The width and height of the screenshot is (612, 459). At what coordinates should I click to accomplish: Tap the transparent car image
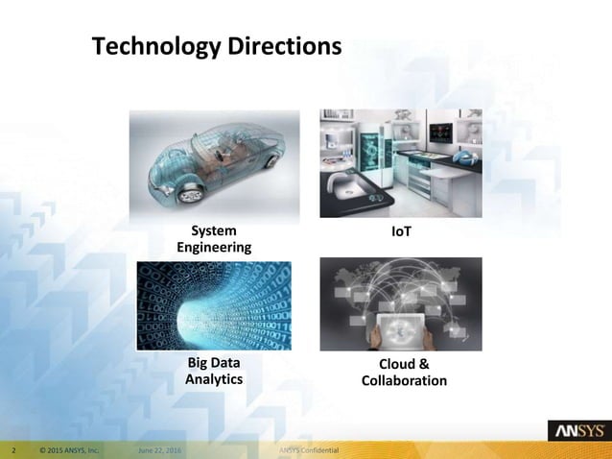click(214, 164)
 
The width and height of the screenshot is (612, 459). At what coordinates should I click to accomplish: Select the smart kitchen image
click(400, 163)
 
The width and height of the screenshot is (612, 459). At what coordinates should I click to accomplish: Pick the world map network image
click(400, 302)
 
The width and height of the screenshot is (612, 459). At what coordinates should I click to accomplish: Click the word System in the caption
click(212, 231)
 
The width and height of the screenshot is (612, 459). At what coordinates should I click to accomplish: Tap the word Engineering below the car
click(215, 248)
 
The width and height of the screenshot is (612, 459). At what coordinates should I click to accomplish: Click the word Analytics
click(214, 379)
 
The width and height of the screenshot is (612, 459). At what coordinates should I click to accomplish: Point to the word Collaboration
click(404, 381)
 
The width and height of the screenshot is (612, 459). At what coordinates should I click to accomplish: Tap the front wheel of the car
click(190, 193)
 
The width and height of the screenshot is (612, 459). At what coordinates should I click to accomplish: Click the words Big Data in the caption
click(214, 363)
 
